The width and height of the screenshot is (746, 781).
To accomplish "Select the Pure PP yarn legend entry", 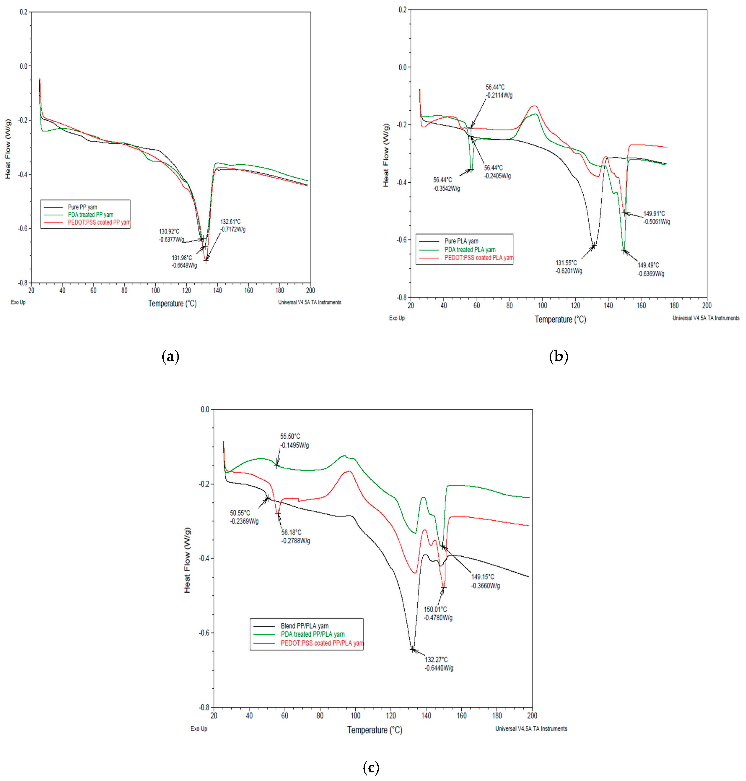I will tap(82, 207).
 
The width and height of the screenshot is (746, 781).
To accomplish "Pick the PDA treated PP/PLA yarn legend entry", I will tap(313, 634).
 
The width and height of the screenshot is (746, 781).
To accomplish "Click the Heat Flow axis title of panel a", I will tap(8, 149).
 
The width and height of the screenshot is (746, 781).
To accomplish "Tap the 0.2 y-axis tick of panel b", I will tap(403, 10).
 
